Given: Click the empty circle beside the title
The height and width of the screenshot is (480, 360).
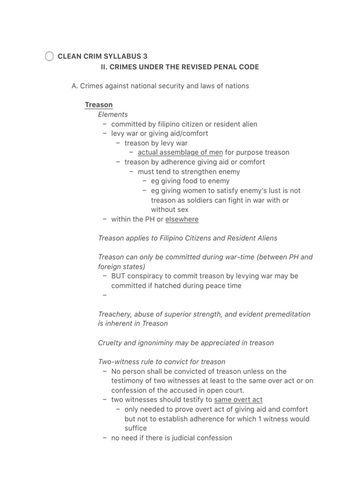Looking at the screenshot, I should pyautogui.click(x=49, y=57).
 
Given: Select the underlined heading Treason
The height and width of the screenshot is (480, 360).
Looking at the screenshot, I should pyautogui.click(x=98, y=105).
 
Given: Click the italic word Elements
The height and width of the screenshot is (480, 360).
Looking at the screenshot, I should pyautogui.click(x=112, y=114).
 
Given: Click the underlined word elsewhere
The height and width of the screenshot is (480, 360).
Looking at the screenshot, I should pyautogui.click(x=182, y=219).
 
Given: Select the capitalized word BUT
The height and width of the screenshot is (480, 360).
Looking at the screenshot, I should pyautogui.click(x=119, y=276).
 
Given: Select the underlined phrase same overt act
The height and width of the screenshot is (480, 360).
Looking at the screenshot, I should pyautogui.click(x=238, y=400).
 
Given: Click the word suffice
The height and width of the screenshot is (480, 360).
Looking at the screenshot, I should pyautogui.click(x=135, y=428).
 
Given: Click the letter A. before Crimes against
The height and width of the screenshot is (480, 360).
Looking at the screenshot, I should pyautogui.click(x=74, y=86).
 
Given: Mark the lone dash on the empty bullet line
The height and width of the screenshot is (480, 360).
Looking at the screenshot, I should pyautogui.click(x=105, y=295).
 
